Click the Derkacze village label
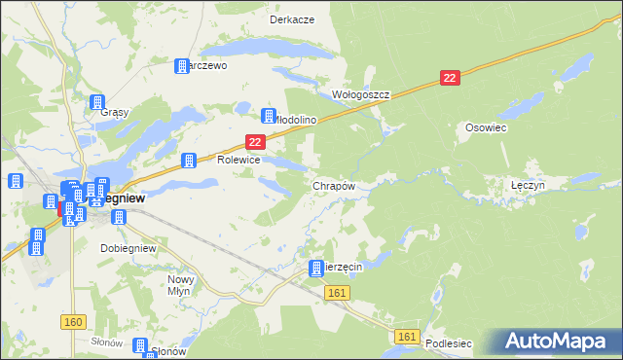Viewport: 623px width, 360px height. click(289, 19)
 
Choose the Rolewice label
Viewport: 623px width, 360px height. click(238, 160)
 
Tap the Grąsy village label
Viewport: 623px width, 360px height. click(114, 112)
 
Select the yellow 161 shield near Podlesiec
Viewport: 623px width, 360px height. click(408, 337)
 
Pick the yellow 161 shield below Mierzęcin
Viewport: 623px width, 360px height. click(338, 292)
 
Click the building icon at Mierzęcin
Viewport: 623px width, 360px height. click(316, 269)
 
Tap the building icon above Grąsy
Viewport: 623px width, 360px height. click(97, 102)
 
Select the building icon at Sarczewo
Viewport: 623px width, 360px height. click(181, 66)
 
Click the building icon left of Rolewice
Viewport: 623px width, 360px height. click(190, 160)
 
